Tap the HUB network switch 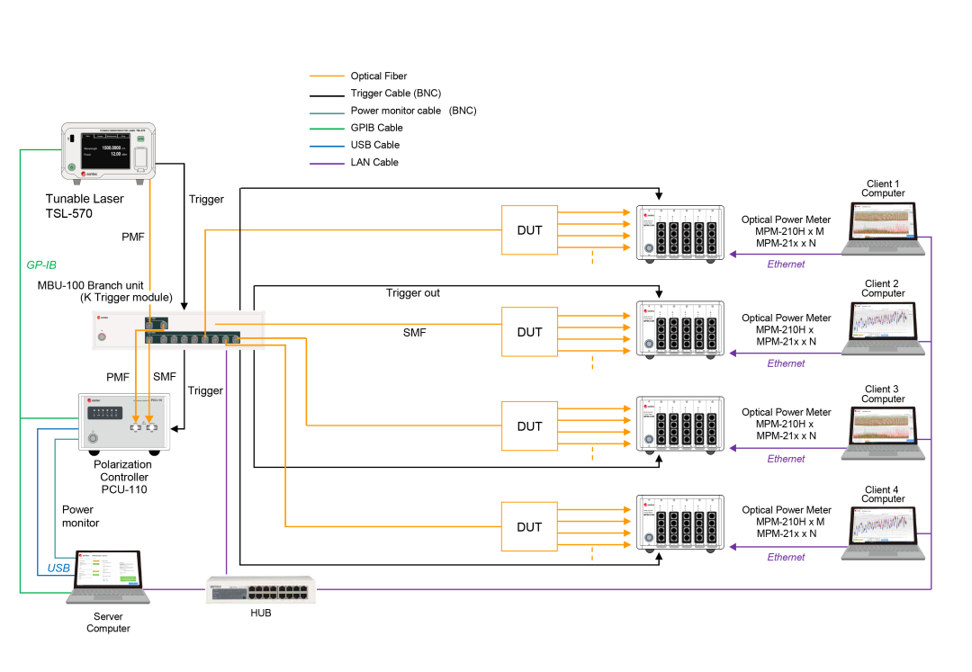tap(260, 590)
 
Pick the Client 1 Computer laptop tap(882, 229)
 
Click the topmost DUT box tap(529, 230)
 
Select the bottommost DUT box tap(529, 526)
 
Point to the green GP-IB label tap(41, 265)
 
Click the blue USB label tap(58, 569)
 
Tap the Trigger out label tap(413, 293)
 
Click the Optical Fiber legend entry tap(378, 76)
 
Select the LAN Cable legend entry tap(374, 163)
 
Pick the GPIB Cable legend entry tap(376, 128)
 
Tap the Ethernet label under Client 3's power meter tap(786, 459)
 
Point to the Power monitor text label tap(80, 516)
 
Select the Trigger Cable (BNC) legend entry tap(395, 94)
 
